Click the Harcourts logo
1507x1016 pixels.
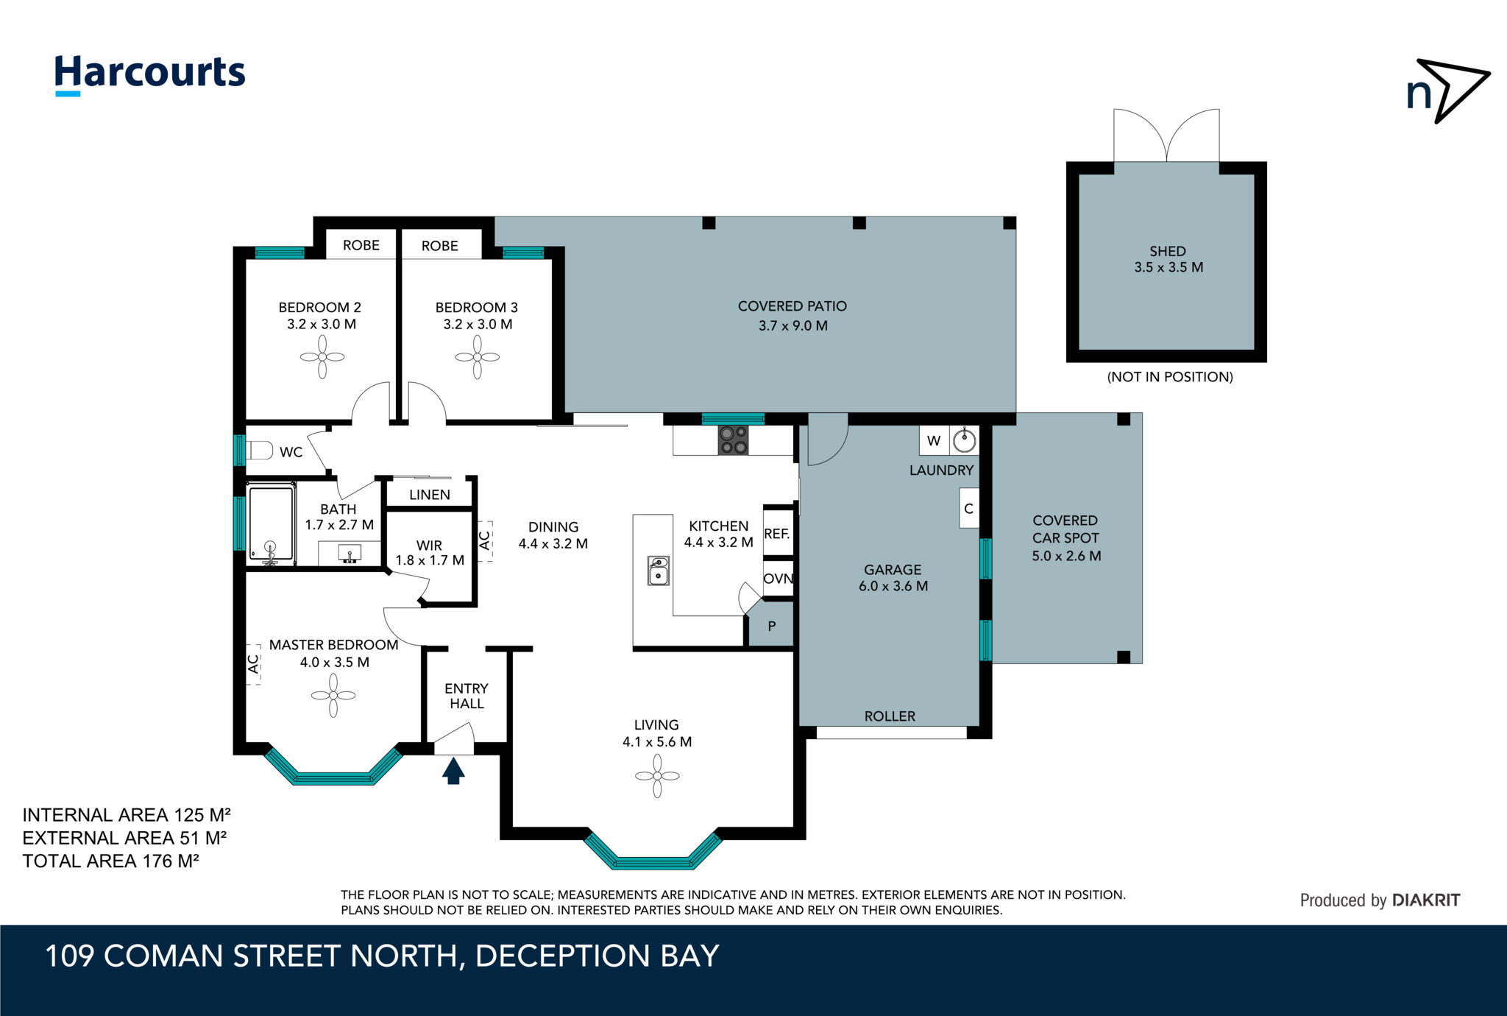pos(150,74)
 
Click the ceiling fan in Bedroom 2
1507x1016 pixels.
pos(322,357)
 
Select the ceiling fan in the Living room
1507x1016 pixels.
pos(657,776)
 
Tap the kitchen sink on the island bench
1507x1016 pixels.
pos(659,571)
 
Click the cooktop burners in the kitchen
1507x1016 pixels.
pos(734,440)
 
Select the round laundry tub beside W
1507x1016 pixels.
pos(965,441)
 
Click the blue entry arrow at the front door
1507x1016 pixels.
pos(453,771)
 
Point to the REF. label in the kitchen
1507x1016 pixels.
pos(777,534)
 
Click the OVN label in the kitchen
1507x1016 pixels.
pos(779,579)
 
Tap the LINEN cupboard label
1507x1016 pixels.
pos(430,495)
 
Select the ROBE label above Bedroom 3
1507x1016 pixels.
pos(440,246)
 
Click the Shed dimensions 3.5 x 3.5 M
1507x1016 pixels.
pos(1169,267)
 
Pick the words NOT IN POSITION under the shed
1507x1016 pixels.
pos(1170,377)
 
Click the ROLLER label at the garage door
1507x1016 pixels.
pos(890,716)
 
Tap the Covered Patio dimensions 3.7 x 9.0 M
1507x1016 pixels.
pos(793,325)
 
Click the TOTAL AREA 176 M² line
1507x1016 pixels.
pos(111,861)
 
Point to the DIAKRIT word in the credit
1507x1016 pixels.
pos(1426,900)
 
